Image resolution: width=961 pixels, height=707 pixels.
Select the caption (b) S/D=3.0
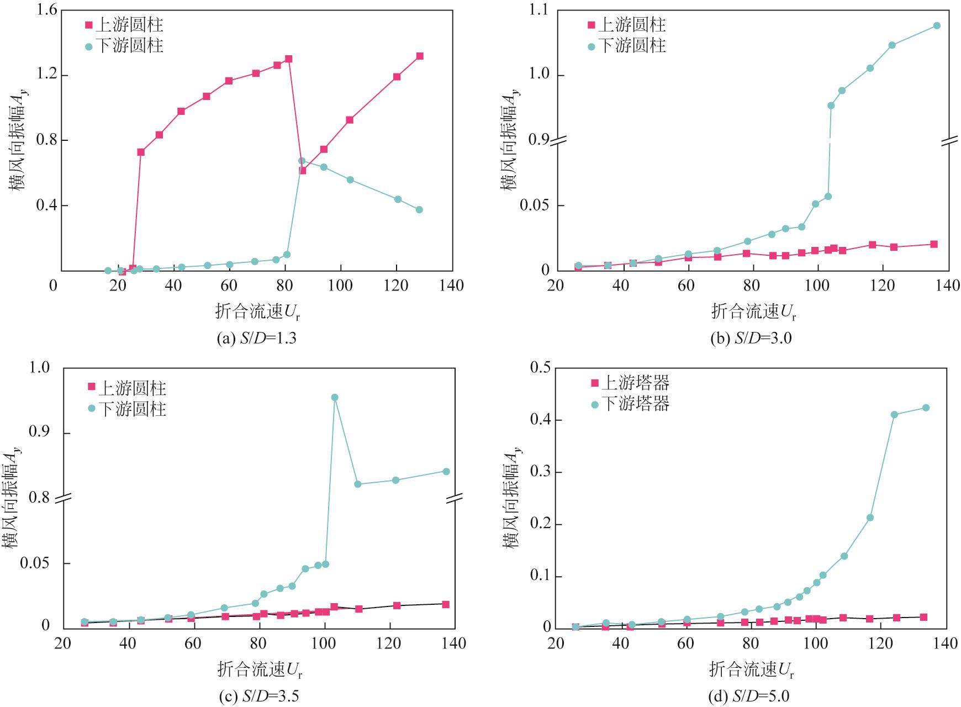[x=751, y=338]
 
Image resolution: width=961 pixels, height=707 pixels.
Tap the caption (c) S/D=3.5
[x=259, y=696]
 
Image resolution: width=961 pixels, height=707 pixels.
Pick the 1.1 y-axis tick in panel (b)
[x=541, y=10]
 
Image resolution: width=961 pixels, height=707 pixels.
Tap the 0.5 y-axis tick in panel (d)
[x=542, y=368]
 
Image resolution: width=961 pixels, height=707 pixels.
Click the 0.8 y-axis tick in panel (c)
[x=41, y=498]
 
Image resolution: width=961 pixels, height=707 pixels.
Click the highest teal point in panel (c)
[x=335, y=398]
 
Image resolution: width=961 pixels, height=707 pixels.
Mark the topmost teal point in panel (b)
[x=937, y=26]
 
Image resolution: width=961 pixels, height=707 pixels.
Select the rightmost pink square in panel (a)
[x=420, y=56]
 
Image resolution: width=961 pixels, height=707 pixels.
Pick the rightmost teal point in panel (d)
[x=926, y=408]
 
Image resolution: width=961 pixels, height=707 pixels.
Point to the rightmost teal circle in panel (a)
[x=419, y=210]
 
